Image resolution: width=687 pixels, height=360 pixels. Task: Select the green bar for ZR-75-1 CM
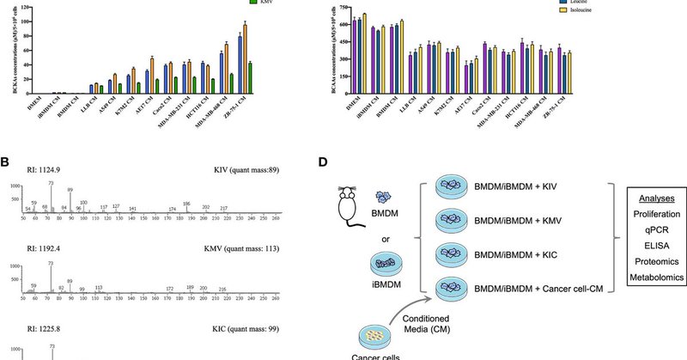(250, 77)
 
